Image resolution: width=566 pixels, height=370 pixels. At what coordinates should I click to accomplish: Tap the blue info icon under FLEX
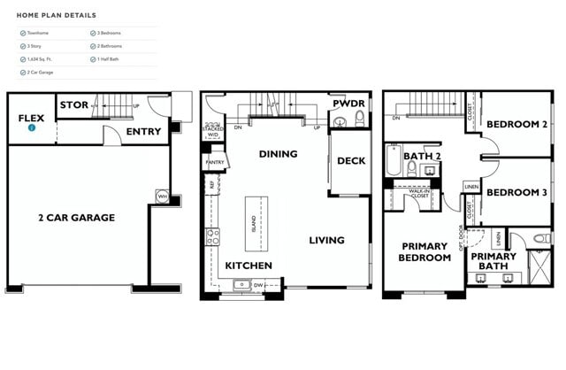click(x=32, y=127)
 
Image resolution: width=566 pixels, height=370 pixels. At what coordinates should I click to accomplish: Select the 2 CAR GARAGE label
click(x=76, y=217)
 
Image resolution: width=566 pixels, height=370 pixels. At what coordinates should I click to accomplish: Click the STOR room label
click(x=73, y=105)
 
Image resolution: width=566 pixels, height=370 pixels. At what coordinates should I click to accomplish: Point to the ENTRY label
click(x=143, y=131)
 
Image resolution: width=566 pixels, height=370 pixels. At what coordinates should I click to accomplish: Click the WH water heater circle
click(x=162, y=196)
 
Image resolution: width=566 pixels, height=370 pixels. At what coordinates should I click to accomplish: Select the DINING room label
click(x=278, y=154)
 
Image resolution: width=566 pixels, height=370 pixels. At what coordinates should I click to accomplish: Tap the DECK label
click(x=350, y=160)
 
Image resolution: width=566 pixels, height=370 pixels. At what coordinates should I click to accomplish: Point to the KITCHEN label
click(x=249, y=266)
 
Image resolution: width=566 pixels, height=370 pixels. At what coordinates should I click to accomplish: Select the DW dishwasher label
click(x=257, y=285)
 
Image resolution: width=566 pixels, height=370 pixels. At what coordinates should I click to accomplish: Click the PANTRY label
click(x=214, y=162)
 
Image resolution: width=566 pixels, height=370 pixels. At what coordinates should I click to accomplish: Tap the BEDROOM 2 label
click(x=516, y=124)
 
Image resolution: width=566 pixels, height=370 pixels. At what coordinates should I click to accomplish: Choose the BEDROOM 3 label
click(x=516, y=192)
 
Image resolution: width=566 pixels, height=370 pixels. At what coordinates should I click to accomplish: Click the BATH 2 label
click(x=422, y=156)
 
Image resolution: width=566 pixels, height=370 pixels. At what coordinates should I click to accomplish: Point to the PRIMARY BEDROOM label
click(x=425, y=253)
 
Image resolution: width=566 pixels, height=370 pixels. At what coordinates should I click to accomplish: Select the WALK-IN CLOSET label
click(x=419, y=192)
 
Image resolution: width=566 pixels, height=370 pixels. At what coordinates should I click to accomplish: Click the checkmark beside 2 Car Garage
click(x=23, y=72)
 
